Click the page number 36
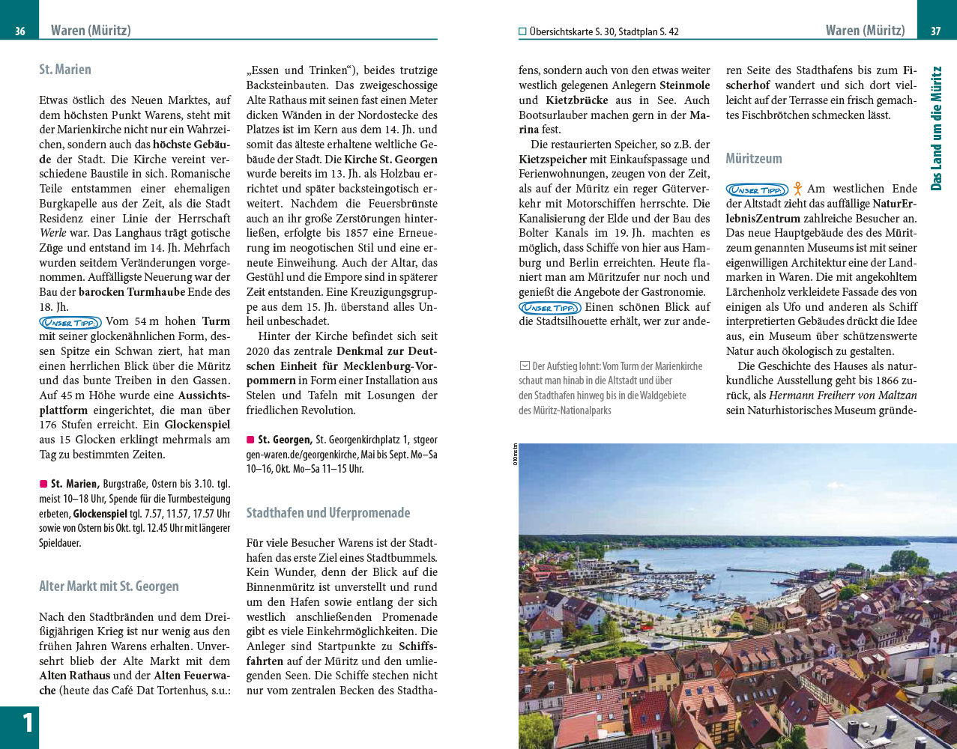tap(20, 31)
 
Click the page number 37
tap(935, 31)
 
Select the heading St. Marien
tap(65, 70)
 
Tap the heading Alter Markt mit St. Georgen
tap(109, 586)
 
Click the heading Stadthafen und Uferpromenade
tap(328, 513)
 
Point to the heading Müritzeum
tap(753, 159)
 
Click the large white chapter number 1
tap(27, 724)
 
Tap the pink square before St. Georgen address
tap(250, 440)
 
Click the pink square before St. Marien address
tap(43, 484)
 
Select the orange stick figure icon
tap(797, 189)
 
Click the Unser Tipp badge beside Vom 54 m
tap(70, 322)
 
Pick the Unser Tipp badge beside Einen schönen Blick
tap(549, 308)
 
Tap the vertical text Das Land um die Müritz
tap(936, 128)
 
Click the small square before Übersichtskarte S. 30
tap(522, 31)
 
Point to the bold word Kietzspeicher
tap(553, 160)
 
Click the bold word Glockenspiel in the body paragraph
tap(197, 425)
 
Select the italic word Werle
tap(53, 233)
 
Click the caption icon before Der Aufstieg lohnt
tap(524, 366)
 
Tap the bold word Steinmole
tap(684, 85)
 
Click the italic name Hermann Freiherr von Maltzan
tap(842, 395)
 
